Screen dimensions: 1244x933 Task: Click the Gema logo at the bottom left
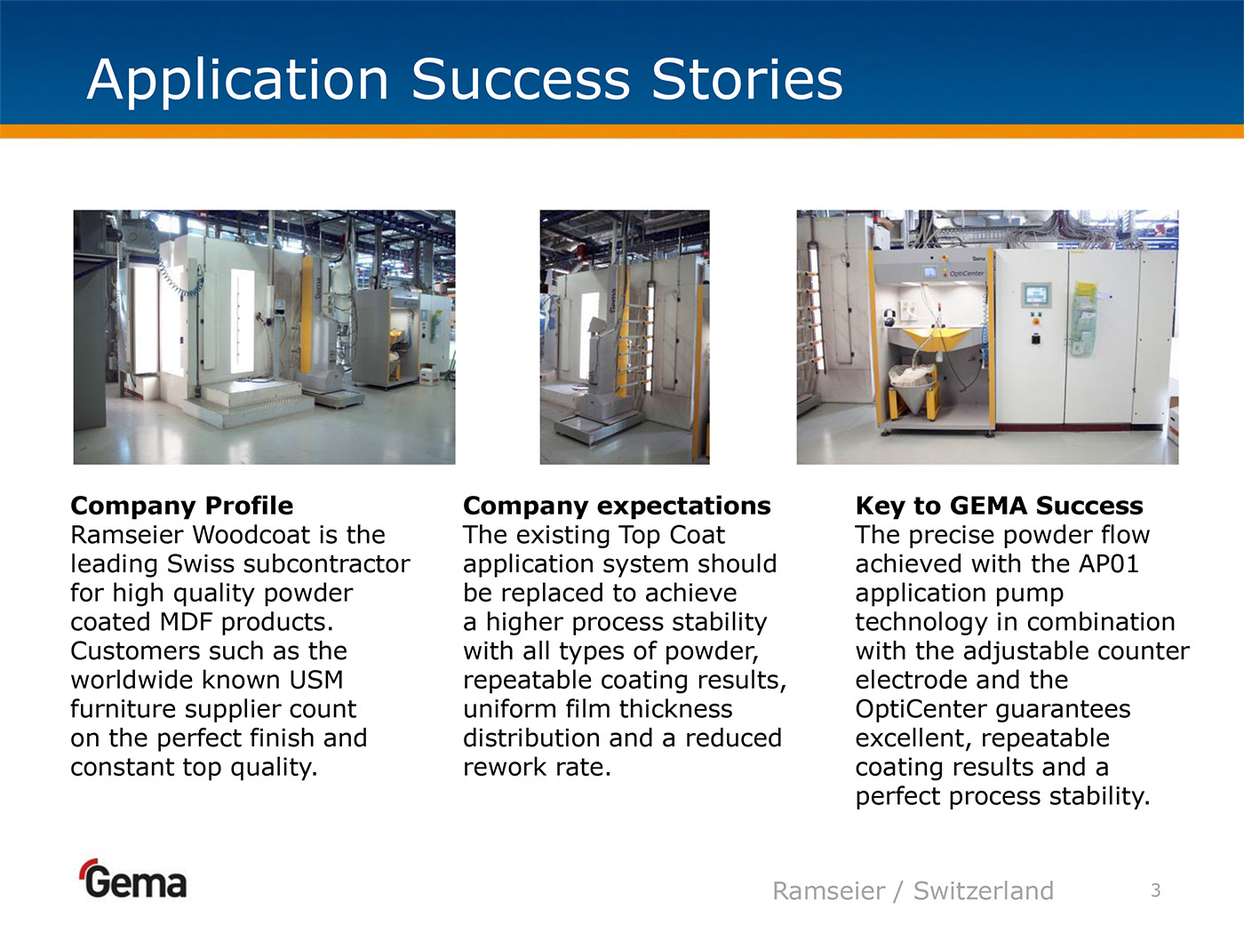point(134,879)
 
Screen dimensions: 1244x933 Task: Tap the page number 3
point(1155,890)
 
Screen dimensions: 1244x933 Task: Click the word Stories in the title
point(747,80)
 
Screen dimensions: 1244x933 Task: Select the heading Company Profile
point(182,506)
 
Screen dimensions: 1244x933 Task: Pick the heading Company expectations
point(617,506)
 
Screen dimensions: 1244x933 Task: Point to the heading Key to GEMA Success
point(999,506)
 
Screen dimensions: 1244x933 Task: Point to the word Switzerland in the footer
point(984,890)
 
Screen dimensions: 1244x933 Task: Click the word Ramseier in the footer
point(828,891)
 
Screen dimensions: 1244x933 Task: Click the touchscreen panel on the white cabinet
point(1035,295)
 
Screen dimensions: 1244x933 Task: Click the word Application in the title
point(238,81)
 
